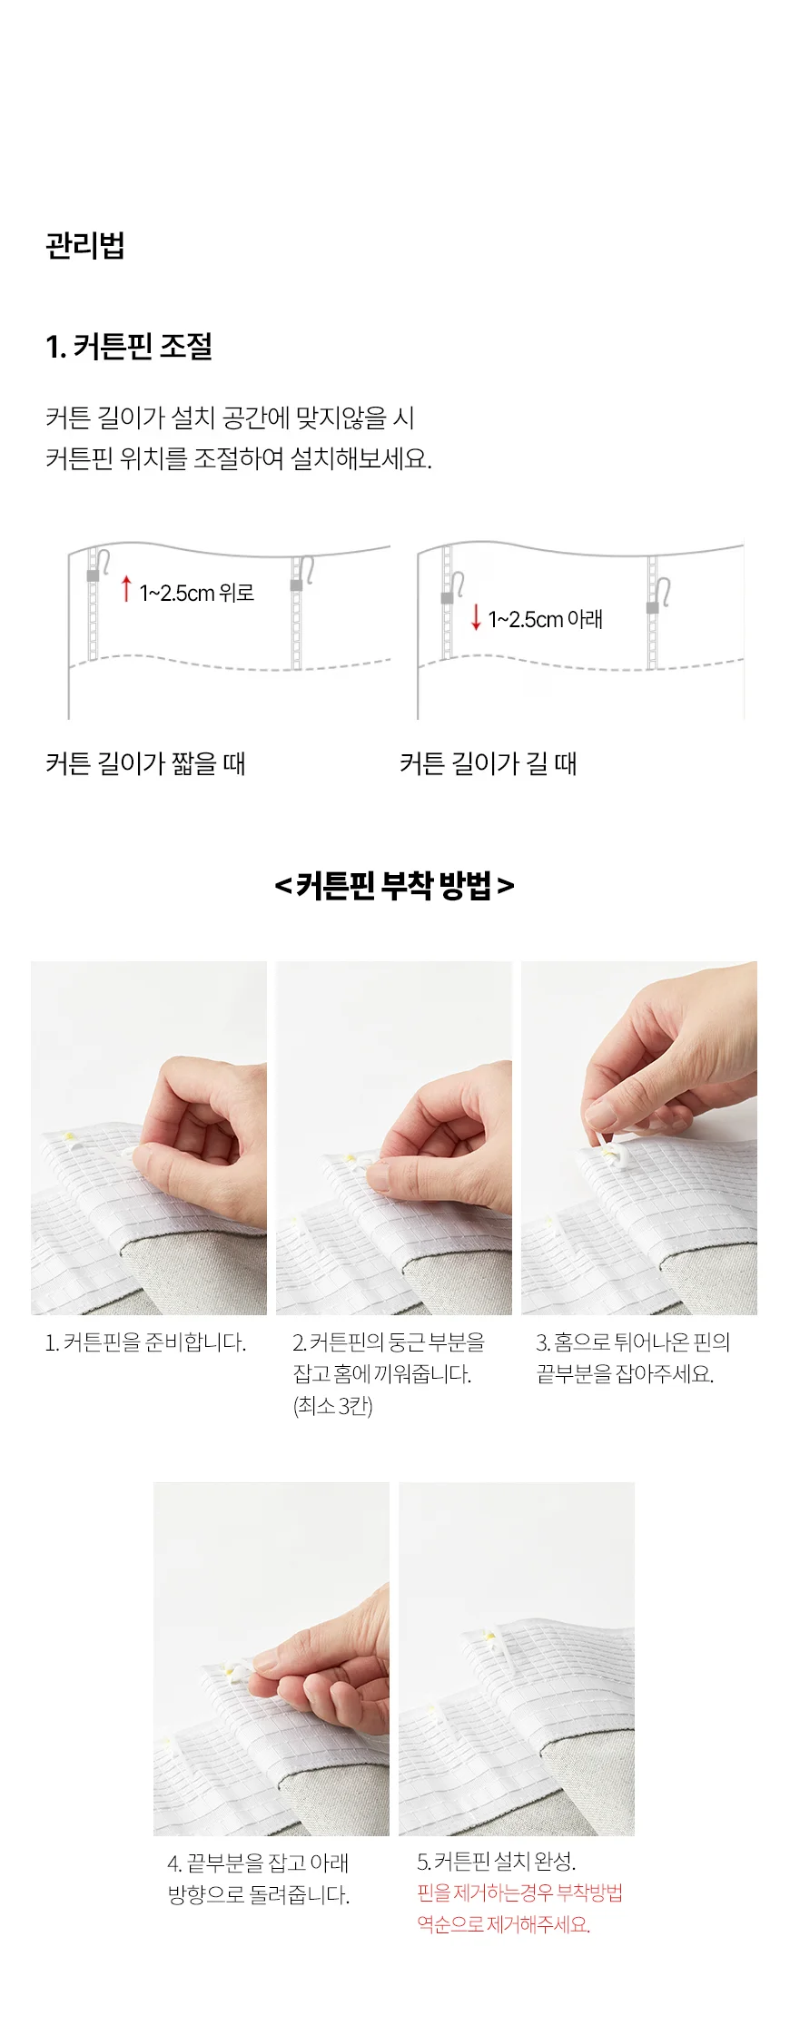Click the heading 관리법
point(85,245)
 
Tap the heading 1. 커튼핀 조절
point(129,346)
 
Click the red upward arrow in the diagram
point(126,589)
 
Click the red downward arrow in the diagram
point(475,617)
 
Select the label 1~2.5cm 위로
point(197,593)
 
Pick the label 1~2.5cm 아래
point(546,619)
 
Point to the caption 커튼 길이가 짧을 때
point(145,763)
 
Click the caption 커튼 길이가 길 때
point(489,763)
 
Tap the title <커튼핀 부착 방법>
point(394,885)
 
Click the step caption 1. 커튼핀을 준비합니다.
point(145,1342)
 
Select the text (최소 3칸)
point(332,1406)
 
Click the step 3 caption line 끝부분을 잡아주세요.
point(625,1374)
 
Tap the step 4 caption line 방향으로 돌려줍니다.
point(259,1895)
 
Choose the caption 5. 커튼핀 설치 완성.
point(497,1862)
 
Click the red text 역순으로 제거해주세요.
point(504,1924)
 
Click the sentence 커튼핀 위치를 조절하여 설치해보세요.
point(239,458)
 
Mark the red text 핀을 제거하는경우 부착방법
point(520,1892)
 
